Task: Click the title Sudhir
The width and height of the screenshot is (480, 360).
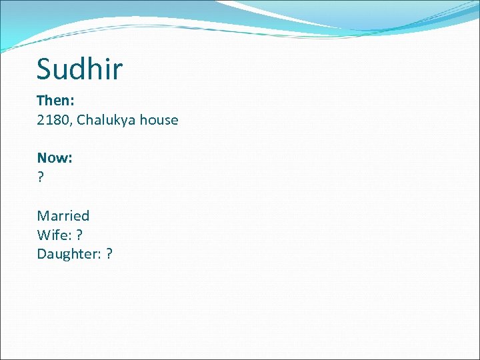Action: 79,68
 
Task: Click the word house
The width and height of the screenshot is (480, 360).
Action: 157,120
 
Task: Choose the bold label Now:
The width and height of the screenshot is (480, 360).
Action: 55,158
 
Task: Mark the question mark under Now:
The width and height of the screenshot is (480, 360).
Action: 41,177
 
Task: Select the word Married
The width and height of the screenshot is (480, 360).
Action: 63,215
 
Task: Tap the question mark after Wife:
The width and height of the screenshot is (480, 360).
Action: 79,235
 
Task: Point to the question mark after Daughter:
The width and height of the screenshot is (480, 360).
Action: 109,254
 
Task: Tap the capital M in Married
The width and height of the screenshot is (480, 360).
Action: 43,215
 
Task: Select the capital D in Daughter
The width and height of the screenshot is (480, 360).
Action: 42,254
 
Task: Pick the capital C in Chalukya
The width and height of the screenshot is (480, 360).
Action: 81,120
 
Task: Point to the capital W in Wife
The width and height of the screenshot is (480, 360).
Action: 44,235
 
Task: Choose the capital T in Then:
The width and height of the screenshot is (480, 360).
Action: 41,101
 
